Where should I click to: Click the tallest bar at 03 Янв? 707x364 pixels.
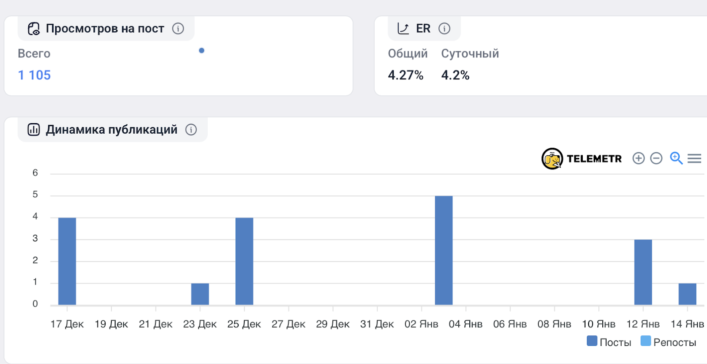(444, 250)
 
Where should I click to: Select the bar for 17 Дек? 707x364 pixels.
(67, 261)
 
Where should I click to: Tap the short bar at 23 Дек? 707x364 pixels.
(200, 294)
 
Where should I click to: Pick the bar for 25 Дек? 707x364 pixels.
(244, 261)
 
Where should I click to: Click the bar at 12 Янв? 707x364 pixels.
(643, 272)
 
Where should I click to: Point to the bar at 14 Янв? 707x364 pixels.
(687, 294)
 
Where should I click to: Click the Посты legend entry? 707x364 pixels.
(609, 342)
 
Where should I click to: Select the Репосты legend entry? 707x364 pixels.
(668, 342)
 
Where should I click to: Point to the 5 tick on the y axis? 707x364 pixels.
(35, 195)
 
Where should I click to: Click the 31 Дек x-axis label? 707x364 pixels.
(377, 324)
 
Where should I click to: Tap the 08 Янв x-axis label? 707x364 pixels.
(554, 324)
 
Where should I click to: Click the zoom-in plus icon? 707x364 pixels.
(639, 158)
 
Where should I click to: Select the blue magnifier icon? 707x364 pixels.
(676, 158)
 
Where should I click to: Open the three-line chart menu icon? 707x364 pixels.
(694, 158)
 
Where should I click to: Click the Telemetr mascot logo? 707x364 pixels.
(552, 159)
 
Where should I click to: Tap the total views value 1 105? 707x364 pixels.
(34, 75)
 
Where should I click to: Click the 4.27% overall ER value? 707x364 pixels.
(406, 75)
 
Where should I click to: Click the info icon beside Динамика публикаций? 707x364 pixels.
(191, 130)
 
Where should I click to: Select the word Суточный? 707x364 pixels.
(470, 54)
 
